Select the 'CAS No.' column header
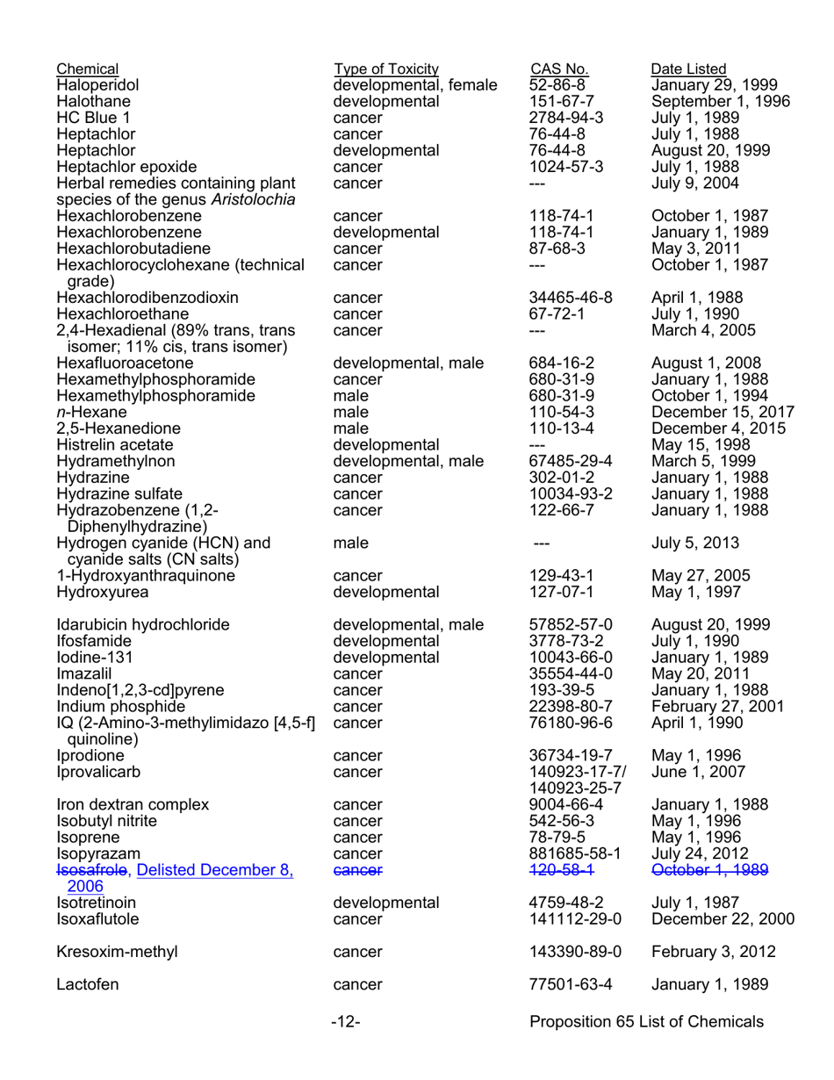pos(559,69)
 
